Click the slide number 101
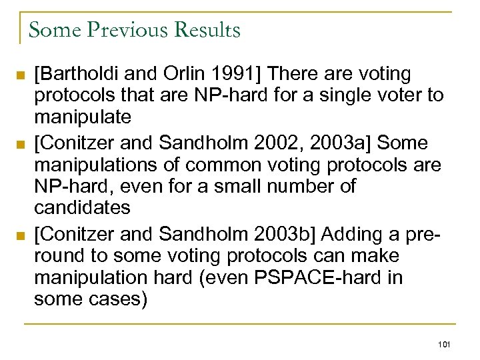pos(445,344)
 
